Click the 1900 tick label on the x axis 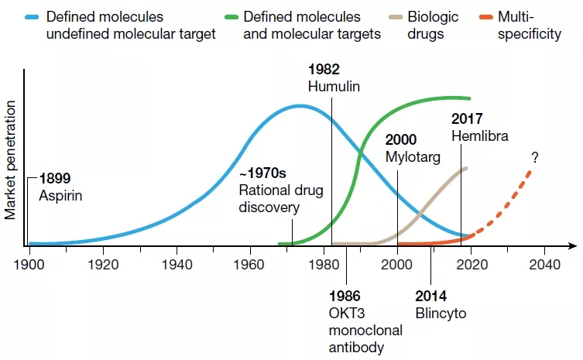(x=29, y=262)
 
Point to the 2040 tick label (x=544, y=262)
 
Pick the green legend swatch (x=226, y=17)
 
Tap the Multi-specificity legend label (x=530, y=25)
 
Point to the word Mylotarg (x=413, y=156)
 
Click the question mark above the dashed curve (x=534, y=157)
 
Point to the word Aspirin (x=60, y=195)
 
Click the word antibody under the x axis (x=356, y=347)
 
